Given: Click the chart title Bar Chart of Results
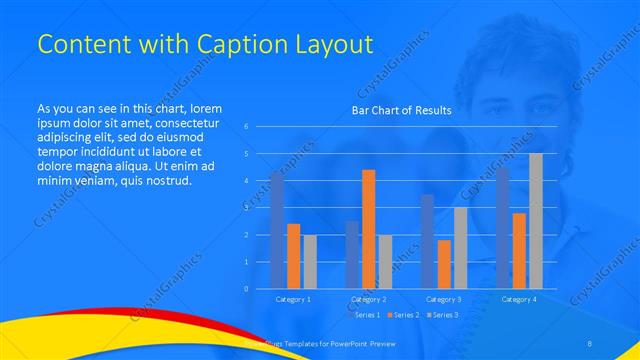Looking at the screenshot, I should pyautogui.click(x=401, y=110).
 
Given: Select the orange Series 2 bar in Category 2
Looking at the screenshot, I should pyautogui.click(x=368, y=229).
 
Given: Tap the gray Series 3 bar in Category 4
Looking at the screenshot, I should pyautogui.click(x=536, y=221).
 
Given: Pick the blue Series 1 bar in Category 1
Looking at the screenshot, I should pyautogui.click(x=276, y=230).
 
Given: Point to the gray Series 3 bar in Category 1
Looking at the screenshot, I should pyautogui.click(x=310, y=262).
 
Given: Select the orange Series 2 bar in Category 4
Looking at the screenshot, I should pyautogui.click(x=519, y=250).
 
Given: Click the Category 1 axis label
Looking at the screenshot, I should pyautogui.click(x=293, y=299).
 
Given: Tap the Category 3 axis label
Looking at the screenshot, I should pyautogui.click(x=443, y=299).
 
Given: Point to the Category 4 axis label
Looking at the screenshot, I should pyautogui.click(x=518, y=299).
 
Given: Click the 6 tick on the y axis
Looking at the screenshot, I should pyautogui.click(x=247, y=127).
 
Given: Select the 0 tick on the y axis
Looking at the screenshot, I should pyautogui.click(x=247, y=289).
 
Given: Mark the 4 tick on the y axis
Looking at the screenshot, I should pyautogui.click(x=247, y=181).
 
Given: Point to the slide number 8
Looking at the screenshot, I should pyautogui.click(x=590, y=343).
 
